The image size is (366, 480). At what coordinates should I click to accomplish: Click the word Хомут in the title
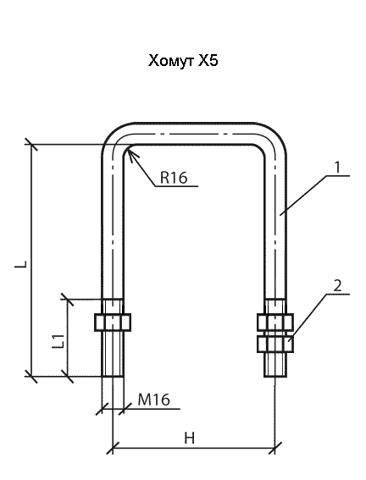click(171, 61)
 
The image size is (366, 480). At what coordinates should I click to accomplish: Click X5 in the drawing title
click(208, 60)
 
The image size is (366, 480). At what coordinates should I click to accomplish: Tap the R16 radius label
click(174, 177)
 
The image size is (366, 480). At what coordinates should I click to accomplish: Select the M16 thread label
click(153, 400)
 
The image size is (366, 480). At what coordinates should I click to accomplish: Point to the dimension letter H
click(190, 438)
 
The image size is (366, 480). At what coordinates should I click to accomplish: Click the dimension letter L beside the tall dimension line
click(21, 264)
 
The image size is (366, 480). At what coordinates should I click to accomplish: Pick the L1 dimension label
click(58, 341)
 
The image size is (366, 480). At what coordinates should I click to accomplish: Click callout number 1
click(337, 167)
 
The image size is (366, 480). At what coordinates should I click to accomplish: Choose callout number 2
click(337, 285)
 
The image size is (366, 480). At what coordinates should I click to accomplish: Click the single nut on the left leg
click(113, 322)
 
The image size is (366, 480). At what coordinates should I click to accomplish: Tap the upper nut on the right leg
click(275, 322)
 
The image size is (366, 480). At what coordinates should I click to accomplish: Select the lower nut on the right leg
click(275, 344)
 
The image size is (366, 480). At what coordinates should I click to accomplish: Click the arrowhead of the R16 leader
click(130, 149)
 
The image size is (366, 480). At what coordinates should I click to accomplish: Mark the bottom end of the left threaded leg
click(113, 376)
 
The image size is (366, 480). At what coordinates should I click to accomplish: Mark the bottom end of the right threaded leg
click(275, 376)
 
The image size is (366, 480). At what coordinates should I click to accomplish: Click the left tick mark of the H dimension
click(113, 448)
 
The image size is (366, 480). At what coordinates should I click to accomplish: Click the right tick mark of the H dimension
click(275, 448)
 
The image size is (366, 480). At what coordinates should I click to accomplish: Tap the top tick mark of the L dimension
click(31, 144)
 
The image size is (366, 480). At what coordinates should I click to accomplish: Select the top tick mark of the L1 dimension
click(68, 299)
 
